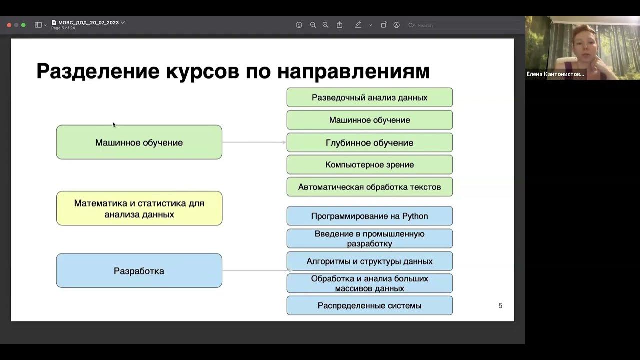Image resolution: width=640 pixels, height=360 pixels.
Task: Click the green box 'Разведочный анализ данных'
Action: pos(369,98)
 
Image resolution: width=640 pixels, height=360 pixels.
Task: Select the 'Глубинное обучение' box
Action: pos(369,143)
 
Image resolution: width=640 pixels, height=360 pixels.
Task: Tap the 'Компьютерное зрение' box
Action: pos(369,165)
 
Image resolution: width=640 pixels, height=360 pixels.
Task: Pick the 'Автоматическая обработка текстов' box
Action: pos(369,187)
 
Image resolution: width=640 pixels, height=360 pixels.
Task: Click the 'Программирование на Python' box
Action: pos(369,216)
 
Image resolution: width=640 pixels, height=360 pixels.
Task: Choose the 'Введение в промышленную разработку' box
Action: pos(369,239)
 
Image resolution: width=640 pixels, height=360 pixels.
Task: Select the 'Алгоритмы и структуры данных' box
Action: pos(369,261)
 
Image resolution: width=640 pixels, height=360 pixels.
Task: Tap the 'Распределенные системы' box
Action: pos(369,306)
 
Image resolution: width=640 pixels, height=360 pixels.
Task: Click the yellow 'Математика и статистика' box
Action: pos(139,209)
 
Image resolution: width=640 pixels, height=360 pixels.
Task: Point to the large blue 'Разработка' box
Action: pos(139,271)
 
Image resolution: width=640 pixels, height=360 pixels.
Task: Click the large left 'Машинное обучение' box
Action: pos(139,143)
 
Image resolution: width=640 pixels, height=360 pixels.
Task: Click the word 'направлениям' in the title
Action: pos(353,71)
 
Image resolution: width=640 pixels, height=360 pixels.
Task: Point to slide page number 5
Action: pos(500,306)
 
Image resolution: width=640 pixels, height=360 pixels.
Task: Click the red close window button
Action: pos(9,25)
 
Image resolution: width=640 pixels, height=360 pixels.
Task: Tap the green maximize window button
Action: pos(23,25)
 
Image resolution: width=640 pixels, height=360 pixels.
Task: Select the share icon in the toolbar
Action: pos(340,25)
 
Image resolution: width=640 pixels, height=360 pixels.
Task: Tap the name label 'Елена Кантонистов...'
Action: pos(555,74)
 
